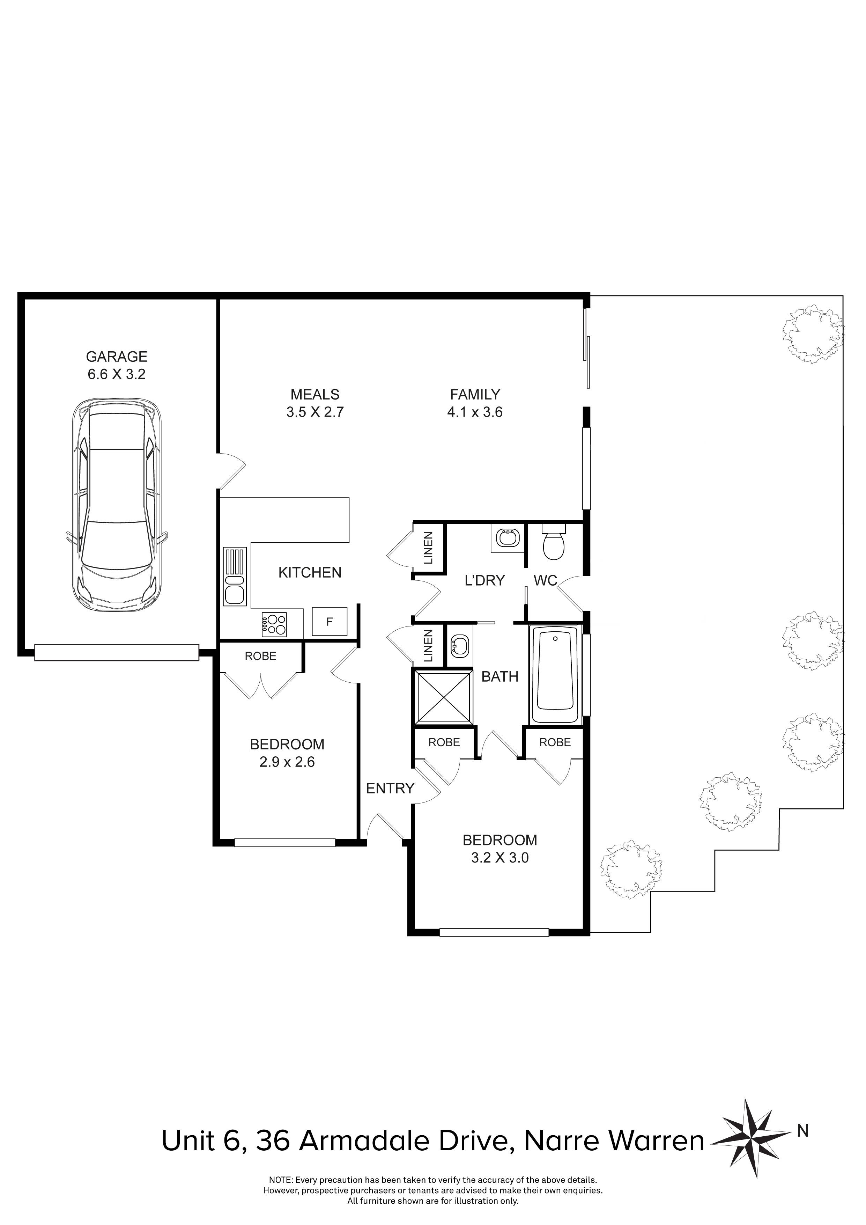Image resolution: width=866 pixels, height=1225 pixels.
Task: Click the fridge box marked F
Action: [329, 622]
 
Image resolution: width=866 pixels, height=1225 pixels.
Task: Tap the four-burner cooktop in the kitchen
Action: [274, 624]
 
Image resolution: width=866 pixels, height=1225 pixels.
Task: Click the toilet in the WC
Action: [553, 543]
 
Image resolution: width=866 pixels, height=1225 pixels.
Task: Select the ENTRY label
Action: [390, 788]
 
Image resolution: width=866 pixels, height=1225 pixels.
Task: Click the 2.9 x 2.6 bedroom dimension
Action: [287, 762]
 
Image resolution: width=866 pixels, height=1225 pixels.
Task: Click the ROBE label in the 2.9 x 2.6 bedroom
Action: [260, 656]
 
